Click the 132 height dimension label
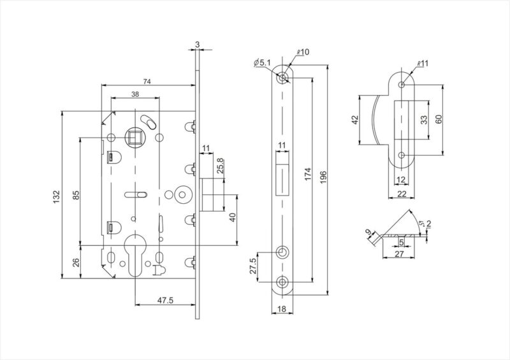[56, 196]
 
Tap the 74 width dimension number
[147, 82]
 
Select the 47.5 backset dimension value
[165, 301]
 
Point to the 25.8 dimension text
[220, 166]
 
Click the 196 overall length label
[323, 178]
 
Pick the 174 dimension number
[308, 175]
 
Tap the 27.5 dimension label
[252, 266]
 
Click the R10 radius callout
[303, 52]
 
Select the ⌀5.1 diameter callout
[262, 62]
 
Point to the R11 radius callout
[423, 64]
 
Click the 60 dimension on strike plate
[439, 119]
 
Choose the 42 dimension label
[355, 119]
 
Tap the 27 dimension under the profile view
[399, 254]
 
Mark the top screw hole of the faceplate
[282, 78]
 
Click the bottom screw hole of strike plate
[402, 155]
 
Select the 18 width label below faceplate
[282, 309]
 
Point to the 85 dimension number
[76, 195]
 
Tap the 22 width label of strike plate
[402, 194]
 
